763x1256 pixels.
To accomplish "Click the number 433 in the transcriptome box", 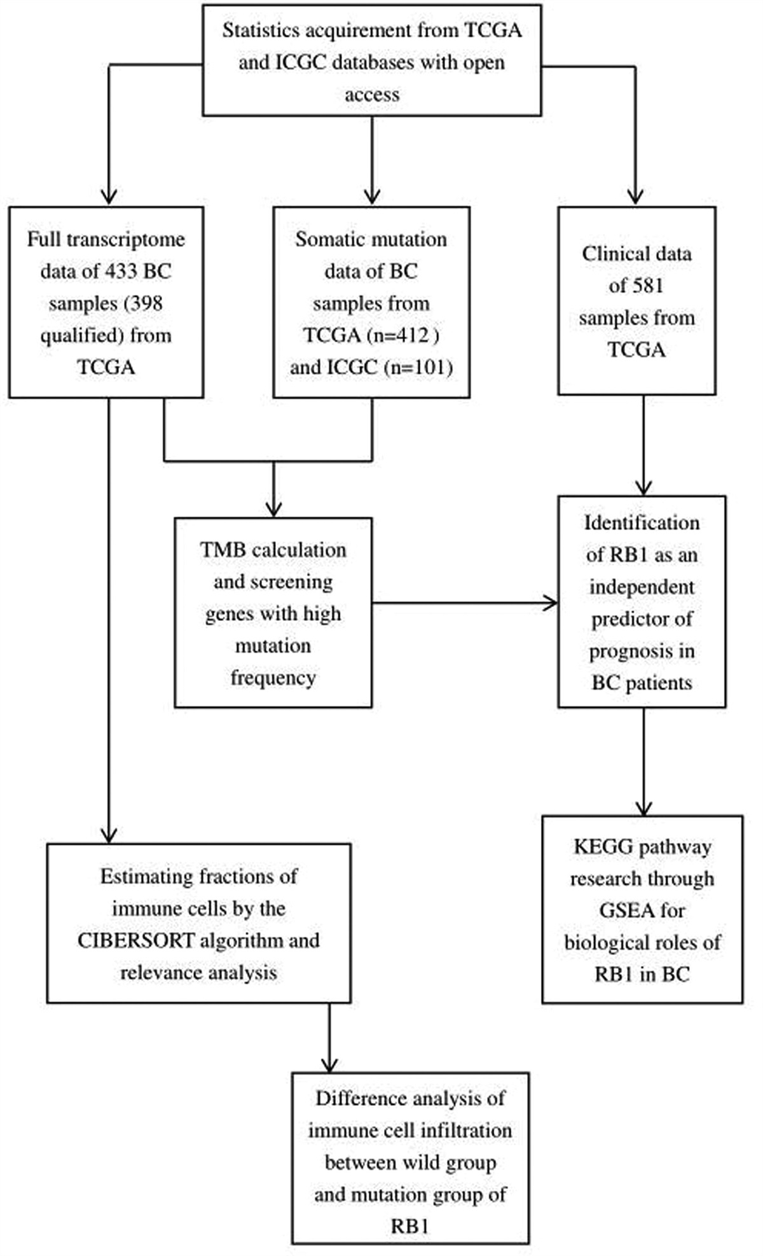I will point(121,272).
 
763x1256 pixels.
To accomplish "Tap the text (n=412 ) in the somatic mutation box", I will point(404,335).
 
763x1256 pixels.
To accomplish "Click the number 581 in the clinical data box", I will point(645,286).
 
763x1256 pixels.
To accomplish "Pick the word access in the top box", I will point(372,94).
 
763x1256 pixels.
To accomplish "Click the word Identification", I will point(642,523).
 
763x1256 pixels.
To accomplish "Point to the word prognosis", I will point(642,651).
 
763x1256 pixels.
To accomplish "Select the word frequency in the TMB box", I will point(273,678).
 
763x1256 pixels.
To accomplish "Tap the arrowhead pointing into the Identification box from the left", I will point(551,603).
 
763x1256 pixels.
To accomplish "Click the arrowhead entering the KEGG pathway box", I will point(643,809).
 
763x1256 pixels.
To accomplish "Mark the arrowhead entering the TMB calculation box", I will point(273,510).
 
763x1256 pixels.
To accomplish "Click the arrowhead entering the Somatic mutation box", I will point(372,197).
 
